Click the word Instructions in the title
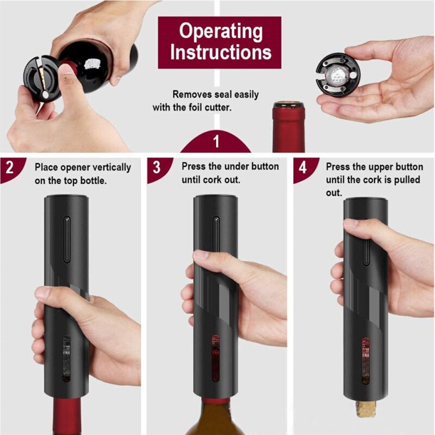coord(219,52)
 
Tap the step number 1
coord(216,143)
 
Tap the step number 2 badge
coord(10,167)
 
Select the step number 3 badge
coord(157,167)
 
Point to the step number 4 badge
coord(302,167)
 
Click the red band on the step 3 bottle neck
coord(215,401)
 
